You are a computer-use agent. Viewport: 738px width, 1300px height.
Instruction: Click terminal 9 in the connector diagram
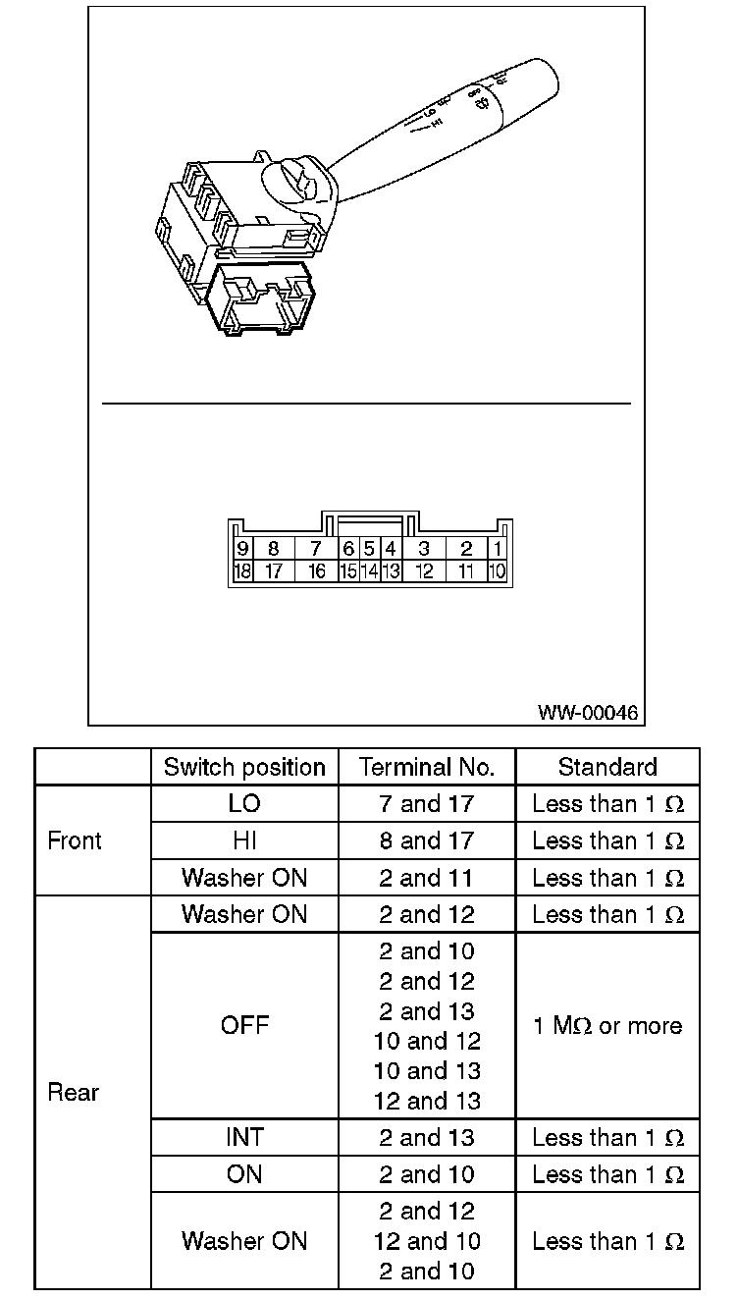pyautogui.click(x=241, y=549)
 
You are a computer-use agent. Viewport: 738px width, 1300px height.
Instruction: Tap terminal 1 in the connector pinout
pyautogui.click(x=498, y=549)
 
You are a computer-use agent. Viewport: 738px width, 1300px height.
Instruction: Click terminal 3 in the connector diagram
pyautogui.click(x=423, y=549)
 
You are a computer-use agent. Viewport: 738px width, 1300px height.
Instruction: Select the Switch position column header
pyautogui.click(x=244, y=767)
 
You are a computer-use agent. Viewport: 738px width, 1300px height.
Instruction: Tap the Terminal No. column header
pyautogui.click(x=427, y=767)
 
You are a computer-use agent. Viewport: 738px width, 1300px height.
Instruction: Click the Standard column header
pyautogui.click(x=607, y=767)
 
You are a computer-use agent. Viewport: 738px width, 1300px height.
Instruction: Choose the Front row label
pyautogui.click(x=75, y=840)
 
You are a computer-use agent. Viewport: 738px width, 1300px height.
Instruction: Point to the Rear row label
pyautogui.click(x=75, y=1093)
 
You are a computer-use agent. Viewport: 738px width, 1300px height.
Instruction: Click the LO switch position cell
pyautogui.click(x=244, y=804)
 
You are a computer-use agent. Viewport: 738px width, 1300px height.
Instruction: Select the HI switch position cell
pyautogui.click(x=244, y=840)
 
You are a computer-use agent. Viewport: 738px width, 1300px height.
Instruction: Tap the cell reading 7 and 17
pyautogui.click(x=427, y=804)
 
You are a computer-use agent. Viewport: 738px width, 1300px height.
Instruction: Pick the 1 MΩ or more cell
pyautogui.click(x=607, y=1026)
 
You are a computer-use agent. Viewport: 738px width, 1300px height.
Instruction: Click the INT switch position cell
pyautogui.click(x=244, y=1138)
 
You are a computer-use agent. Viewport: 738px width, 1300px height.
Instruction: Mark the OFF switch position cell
pyautogui.click(x=244, y=1026)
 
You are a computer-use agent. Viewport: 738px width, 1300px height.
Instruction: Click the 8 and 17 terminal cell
pyautogui.click(x=427, y=840)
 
